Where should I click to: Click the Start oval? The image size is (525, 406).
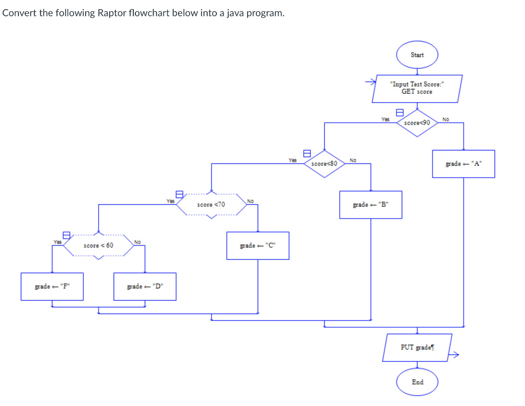(x=417, y=55)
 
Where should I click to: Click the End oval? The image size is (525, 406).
(x=417, y=382)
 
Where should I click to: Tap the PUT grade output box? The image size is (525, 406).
(x=417, y=348)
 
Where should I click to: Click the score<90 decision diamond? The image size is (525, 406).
(x=417, y=123)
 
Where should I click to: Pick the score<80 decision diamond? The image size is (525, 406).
(x=324, y=164)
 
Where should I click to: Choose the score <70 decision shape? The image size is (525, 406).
(x=211, y=205)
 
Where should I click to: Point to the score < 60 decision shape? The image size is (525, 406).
(x=98, y=246)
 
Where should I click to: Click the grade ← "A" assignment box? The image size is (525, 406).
(x=463, y=164)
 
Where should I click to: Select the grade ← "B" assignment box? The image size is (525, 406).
(x=370, y=205)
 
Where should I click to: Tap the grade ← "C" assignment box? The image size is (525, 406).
(x=257, y=246)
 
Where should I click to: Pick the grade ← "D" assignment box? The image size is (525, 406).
(x=145, y=287)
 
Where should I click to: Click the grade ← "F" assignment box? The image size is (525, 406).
(x=51, y=287)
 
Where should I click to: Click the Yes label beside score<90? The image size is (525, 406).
(x=385, y=119)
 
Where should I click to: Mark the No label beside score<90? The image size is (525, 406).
(x=445, y=119)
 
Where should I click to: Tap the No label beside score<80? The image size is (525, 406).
(x=353, y=160)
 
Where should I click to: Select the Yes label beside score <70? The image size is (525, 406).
(x=170, y=201)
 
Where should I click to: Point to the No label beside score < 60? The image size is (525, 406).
(x=137, y=242)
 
